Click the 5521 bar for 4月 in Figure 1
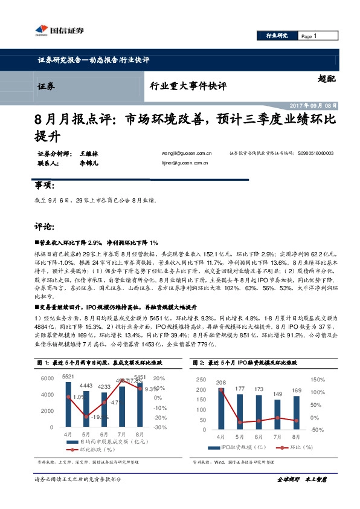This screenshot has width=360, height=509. point(69,406)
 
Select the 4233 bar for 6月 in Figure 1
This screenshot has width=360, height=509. point(104,410)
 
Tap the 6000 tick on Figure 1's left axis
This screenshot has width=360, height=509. point(47,378)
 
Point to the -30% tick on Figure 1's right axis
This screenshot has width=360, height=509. point(161,427)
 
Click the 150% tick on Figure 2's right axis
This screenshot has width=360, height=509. point(317,380)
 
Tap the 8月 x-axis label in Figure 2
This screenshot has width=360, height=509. point(296,435)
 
